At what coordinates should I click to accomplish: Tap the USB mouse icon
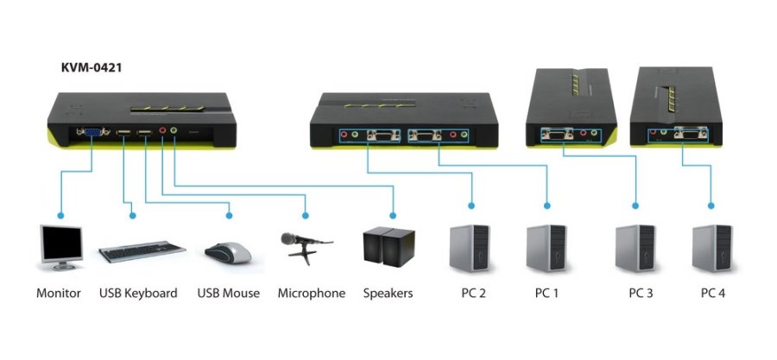point(228,251)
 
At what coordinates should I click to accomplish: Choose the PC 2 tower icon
point(471,248)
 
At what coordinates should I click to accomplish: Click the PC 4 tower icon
point(712,248)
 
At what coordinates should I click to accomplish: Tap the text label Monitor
point(59,294)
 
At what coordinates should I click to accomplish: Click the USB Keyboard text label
point(138,294)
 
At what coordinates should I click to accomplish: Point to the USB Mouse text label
point(228,294)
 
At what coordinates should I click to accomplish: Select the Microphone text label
point(311,294)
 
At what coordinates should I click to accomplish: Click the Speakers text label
point(388,294)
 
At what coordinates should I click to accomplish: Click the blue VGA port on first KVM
point(91,132)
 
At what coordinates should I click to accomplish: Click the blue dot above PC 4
point(712,206)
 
